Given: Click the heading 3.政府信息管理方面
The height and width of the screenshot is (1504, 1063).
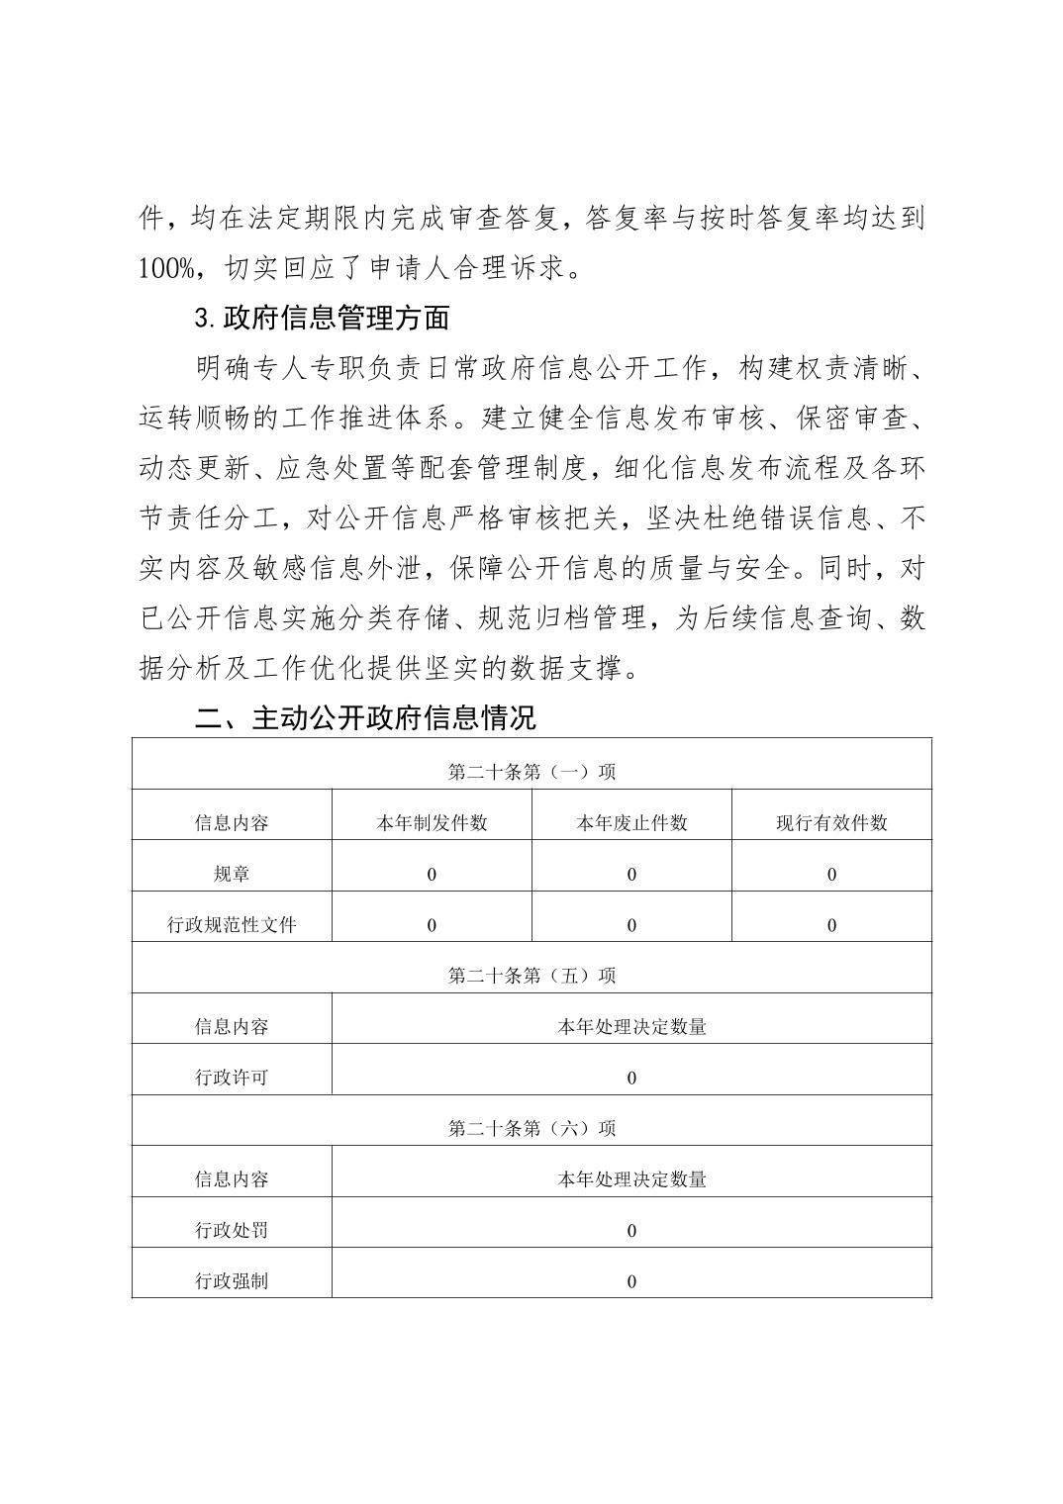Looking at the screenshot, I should tap(323, 318).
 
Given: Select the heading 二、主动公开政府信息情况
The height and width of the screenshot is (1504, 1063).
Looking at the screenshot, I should tap(365, 717).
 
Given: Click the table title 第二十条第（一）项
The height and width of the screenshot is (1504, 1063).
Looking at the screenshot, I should tap(531, 772).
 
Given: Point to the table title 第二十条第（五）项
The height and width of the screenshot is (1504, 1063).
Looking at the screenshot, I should tap(531, 976).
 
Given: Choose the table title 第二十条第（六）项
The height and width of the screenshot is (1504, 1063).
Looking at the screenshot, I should tap(531, 1128).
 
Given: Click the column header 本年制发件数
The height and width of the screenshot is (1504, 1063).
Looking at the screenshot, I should tap(432, 823).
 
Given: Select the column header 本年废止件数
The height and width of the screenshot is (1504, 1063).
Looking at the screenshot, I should tap(631, 823).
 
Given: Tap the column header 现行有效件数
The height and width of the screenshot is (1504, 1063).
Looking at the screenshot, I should tap(831, 823).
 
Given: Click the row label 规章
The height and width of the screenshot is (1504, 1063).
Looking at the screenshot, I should tap(232, 874).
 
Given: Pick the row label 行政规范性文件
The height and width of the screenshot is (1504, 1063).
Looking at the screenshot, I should tap(232, 925).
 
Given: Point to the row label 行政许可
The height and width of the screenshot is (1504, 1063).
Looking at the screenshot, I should tap(232, 1078).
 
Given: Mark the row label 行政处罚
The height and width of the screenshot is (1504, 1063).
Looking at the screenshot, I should tap(232, 1230).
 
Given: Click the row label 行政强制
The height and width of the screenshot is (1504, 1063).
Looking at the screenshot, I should tap(232, 1281).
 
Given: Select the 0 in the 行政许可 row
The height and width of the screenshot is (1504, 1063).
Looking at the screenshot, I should tap(631, 1078).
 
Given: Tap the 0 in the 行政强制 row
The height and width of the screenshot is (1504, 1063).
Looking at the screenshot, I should tap(631, 1281).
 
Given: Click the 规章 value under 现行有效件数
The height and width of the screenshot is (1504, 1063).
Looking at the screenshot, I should tap(831, 875).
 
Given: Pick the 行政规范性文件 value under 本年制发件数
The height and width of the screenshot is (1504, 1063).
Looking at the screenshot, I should tap(432, 925).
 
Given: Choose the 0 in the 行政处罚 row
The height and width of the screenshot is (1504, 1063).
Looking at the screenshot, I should tap(631, 1231).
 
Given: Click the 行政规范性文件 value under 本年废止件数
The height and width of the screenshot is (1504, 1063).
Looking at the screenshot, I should tap(631, 925).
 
